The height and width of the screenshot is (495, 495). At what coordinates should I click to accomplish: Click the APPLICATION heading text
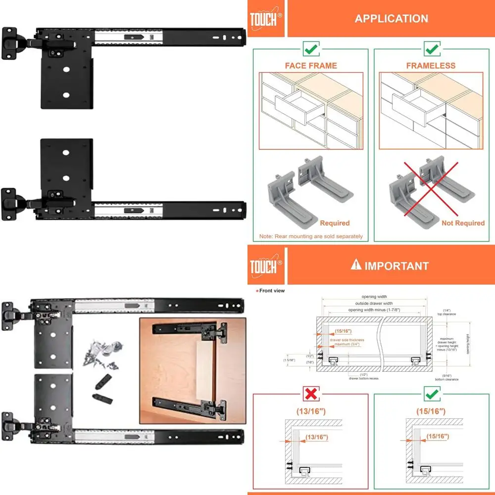(391, 19)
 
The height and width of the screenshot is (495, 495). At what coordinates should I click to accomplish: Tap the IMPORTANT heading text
(396, 266)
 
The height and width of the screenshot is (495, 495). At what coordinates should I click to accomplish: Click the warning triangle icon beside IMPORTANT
(355, 265)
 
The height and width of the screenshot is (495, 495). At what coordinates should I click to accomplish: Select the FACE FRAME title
(311, 65)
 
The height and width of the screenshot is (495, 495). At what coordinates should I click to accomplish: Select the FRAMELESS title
(431, 65)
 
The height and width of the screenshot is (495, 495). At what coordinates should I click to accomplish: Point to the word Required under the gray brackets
(335, 223)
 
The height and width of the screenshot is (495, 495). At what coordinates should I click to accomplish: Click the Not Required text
(463, 223)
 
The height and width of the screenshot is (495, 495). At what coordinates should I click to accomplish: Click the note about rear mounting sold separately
(311, 236)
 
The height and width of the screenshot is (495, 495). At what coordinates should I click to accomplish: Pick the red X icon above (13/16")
(310, 394)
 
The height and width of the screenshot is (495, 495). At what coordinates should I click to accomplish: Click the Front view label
(271, 291)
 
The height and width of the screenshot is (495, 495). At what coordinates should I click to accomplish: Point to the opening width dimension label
(375, 297)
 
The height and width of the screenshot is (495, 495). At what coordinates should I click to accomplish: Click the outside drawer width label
(375, 303)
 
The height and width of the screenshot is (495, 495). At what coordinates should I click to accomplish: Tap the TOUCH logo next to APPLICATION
(265, 19)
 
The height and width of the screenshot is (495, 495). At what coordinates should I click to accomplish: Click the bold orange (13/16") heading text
(310, 411)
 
